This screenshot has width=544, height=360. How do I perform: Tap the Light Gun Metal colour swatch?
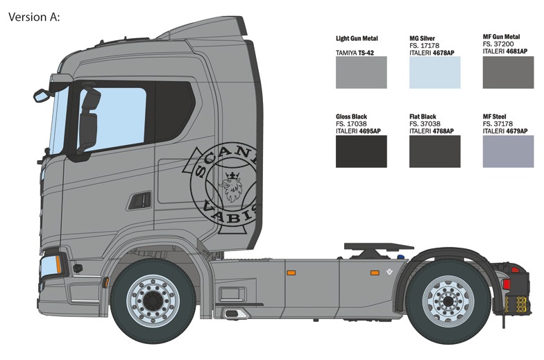tap(361, 72)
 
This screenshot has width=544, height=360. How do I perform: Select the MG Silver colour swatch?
tap(434, 72)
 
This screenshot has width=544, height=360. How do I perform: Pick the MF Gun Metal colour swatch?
tap(508, 72)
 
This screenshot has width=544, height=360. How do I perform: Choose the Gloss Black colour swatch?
tap(361, 151)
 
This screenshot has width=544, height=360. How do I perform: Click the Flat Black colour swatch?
tap(434, 151)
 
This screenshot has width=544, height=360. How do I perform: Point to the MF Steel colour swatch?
tap(508, 151)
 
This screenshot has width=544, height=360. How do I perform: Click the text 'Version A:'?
tap(34, 16)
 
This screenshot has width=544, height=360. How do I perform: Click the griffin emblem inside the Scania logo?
tap(231, 185)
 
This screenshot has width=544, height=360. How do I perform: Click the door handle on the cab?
tap(139, 200)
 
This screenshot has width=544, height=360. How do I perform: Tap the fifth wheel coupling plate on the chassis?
tap(378, 246)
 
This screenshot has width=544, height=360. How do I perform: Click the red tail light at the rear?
tap(514, 270)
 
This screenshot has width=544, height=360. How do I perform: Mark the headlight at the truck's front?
tap(51, 265)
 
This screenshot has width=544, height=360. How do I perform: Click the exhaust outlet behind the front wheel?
tap(234, 314)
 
